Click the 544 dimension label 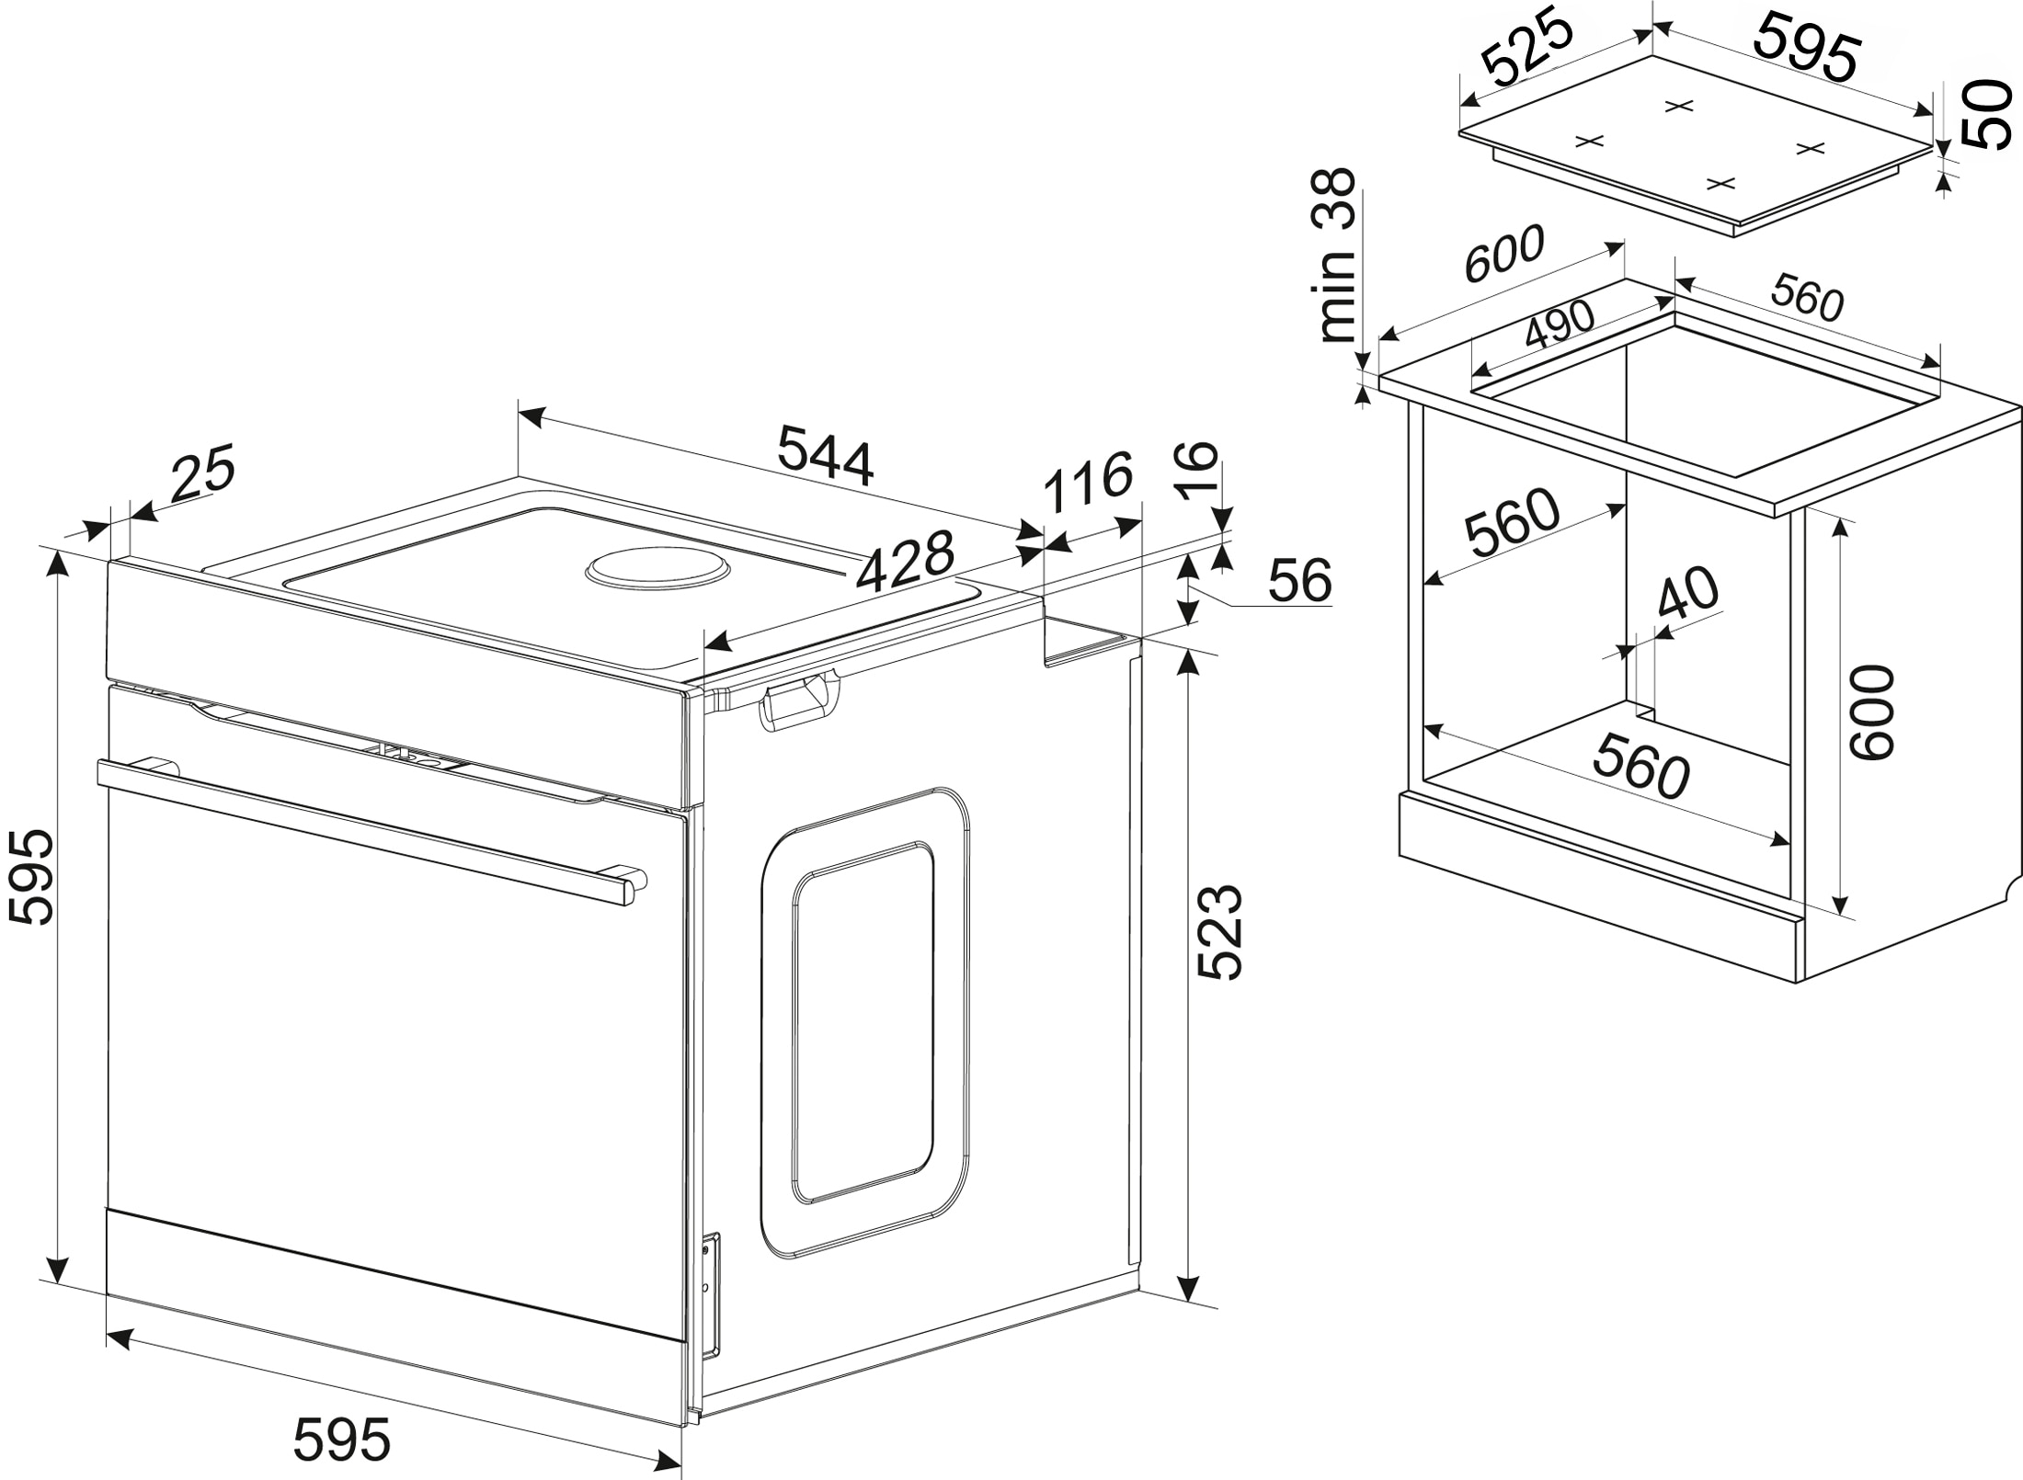click(x=825, y=453)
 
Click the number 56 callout click(x=1299, y=581)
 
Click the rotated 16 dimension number click(x=1198, y=470)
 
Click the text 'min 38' click(x=1337, y=256)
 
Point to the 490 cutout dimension click(x=1560, y=325)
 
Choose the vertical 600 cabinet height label click(x=1873, y=712)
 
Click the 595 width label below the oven click(x=342, y=1440)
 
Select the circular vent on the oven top click(x=658, y=570)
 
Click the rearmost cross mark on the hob click(x=1679, y=107)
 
